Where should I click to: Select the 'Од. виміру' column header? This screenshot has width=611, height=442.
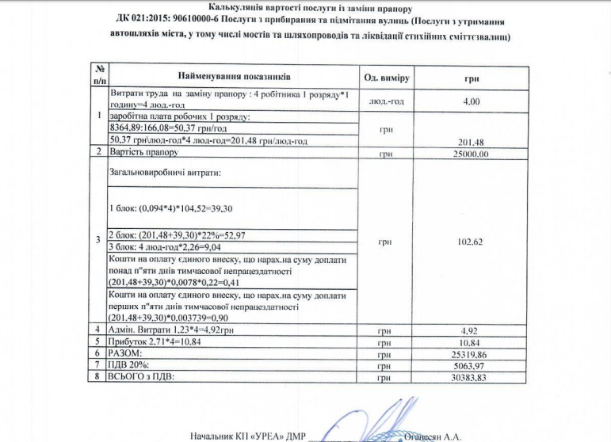386,78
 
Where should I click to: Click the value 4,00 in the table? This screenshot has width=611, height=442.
472,101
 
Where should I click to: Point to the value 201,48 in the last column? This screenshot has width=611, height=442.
472,143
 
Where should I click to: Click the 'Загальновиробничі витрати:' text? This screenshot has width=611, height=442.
163,172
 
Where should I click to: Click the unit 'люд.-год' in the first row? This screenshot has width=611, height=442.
386,101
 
